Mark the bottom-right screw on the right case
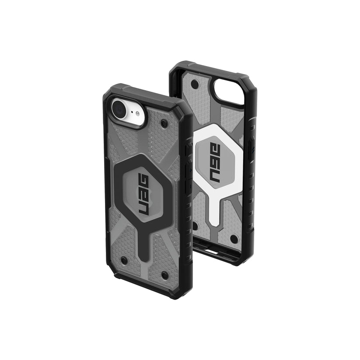pyautogui.click(x=233, y=239)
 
